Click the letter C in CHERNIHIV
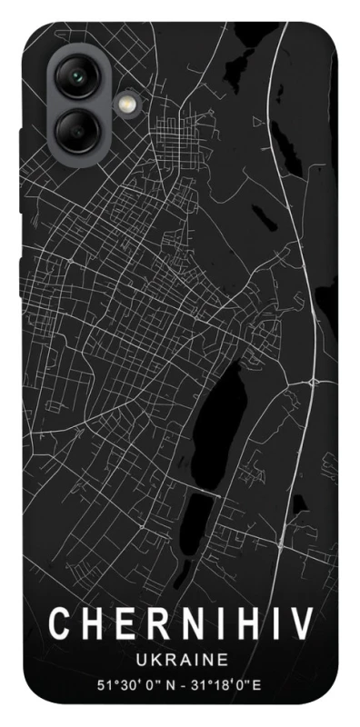tap(57, 624)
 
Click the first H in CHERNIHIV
tap(89, 624)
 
